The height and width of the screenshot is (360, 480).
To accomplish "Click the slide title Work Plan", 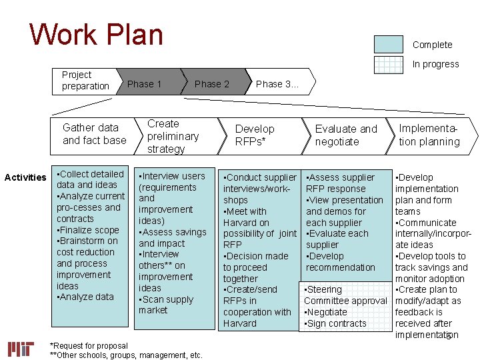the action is coord(97,35).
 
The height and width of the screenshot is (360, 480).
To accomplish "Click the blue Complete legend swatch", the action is coord(389,44).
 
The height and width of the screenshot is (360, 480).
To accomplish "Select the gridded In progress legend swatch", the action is coord(389,64).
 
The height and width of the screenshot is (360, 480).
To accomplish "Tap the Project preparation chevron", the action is coord(85,81).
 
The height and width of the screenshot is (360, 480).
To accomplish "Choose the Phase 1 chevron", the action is coord(145,84).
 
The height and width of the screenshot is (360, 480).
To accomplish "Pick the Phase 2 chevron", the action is coord(211,84).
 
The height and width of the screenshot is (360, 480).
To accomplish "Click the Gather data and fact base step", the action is coord(94,134).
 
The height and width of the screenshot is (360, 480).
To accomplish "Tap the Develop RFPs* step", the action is coord(255,135).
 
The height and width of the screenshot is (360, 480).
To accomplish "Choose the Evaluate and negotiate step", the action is coord(345,135).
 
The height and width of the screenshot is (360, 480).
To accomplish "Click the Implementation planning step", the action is coord(429,135).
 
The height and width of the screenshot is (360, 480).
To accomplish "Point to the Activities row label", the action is coord(25,177).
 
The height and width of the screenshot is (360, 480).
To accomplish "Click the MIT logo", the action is coord(21,349).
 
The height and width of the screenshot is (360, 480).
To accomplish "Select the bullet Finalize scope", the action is coord(89,230).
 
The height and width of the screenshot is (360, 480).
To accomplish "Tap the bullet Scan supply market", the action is coord(167,305).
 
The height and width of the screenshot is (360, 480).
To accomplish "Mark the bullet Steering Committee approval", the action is coord(345,295).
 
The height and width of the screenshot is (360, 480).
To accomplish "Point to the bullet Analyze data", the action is coord(87,297).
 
